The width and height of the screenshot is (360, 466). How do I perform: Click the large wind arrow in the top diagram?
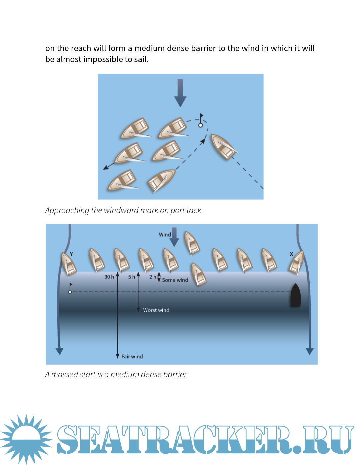[180, 93]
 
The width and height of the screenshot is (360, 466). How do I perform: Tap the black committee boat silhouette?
[296, 295]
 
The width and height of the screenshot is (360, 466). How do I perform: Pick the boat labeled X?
[296, 263]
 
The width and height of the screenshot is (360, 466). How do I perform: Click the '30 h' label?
[109, 277]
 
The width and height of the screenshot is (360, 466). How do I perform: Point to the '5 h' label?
[132, 277]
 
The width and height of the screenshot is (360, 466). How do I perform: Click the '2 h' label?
[153, 277]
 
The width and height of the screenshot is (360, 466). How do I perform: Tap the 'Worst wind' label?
[156, 310]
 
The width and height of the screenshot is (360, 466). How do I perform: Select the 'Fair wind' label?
[132, 357]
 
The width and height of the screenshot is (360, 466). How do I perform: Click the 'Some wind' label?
[175, 280]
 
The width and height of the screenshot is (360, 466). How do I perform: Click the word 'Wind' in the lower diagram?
[165, 235]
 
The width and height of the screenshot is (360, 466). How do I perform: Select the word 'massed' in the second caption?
[64, 375]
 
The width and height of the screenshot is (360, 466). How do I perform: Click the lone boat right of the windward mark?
[224, 147]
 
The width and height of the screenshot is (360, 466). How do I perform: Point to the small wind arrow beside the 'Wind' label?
[174, 237]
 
